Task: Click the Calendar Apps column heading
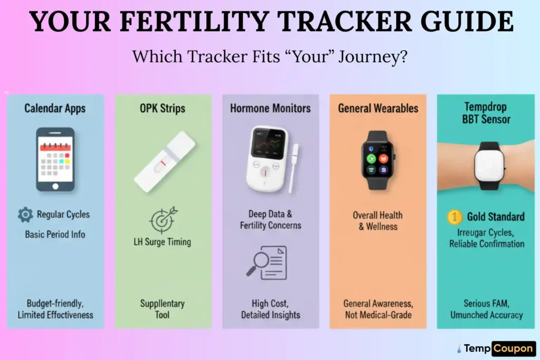tap(55, 109)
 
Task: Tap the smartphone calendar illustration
tap(55, 159)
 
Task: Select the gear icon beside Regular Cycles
tap(25, 215)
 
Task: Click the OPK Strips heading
tap(162, 109)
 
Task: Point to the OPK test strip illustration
tap(165, 161)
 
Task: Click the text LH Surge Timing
tap(162, 242)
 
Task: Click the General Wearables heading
tap(378, 109)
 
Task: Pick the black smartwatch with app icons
tap(378, 160)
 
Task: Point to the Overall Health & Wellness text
tap(378, 221)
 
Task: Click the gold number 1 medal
tap(454, 217)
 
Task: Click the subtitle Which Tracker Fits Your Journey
tap(269, 56)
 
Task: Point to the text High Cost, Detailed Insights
tap(271, 309)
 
